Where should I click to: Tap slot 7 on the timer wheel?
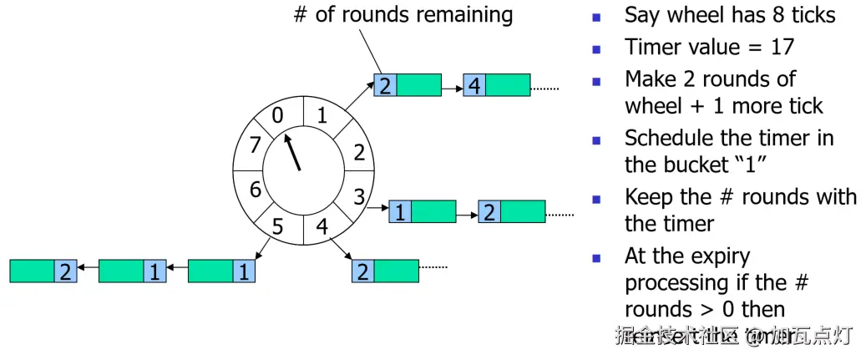pos(255,144)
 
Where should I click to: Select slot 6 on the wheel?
pos(256,189)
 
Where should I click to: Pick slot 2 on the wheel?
pos(358,153)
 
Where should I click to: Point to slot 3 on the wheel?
pos(358,198)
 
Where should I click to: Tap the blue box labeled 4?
pos(474,85)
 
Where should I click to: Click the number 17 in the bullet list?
pos(782,47)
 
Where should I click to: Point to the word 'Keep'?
pos(652,197)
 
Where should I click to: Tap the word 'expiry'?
pos(716,256)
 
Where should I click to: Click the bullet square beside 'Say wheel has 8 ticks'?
pos(596,17)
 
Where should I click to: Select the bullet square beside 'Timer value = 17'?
pos(596,48)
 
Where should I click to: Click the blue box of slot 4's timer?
pos(362,271)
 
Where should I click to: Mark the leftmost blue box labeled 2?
pos(66,271)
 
